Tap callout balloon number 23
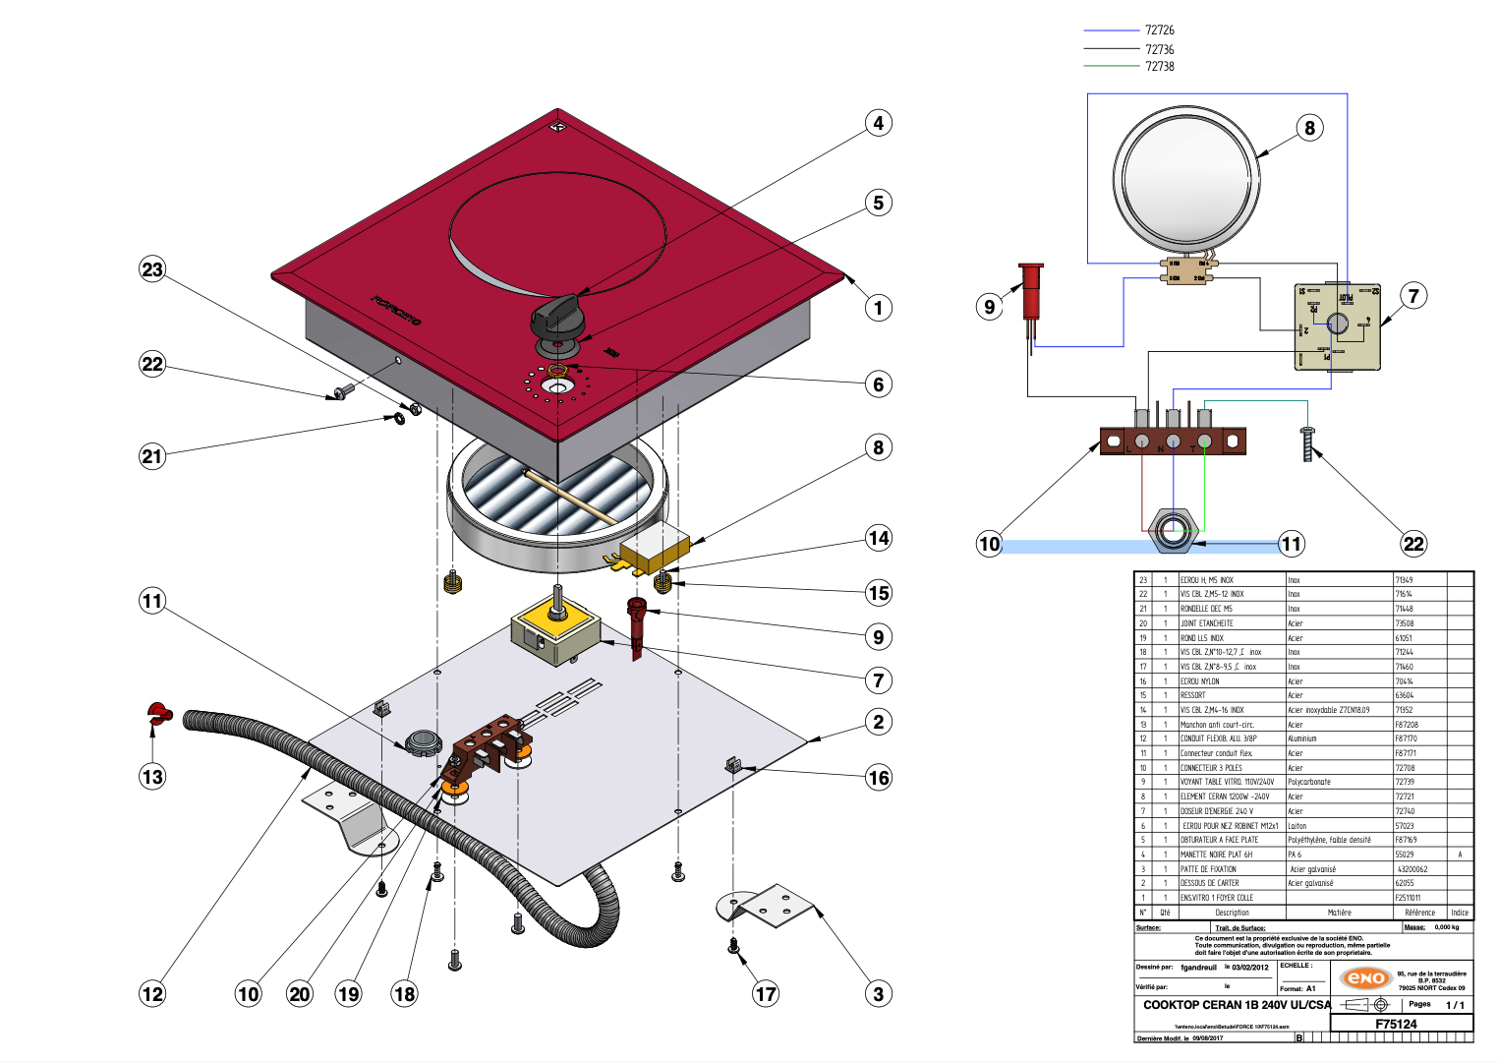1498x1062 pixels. [152, 269]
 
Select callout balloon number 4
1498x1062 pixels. [879, 123]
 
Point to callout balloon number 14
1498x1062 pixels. [879, 538]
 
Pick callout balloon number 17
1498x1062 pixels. [766, 994]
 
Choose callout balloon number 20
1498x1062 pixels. [300, 994]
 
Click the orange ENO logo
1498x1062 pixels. [1366, 977]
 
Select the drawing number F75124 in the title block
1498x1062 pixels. [1396, 1024]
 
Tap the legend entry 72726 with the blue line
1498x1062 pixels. [1159, 30]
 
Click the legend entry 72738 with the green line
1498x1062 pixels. [1159, 67]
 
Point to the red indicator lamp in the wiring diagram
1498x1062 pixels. [1030, 291]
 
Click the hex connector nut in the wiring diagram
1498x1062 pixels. [1172, 532]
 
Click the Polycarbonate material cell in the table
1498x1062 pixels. [1309, 782]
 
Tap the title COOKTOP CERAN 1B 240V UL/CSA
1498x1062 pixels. [1237, 1005]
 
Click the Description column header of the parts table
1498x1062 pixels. [1232, 913]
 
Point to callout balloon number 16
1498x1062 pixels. [879, 778]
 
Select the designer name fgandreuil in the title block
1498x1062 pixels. [1198, 968]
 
